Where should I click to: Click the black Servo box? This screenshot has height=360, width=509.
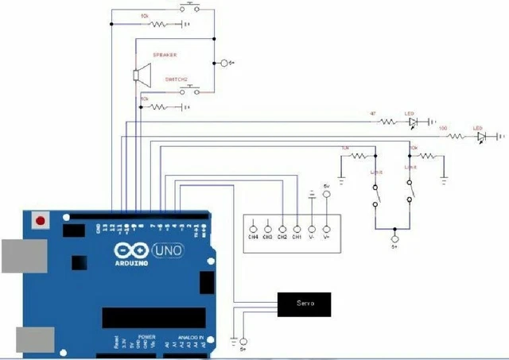(303, 304)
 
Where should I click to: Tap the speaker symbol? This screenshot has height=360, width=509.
(141, 75)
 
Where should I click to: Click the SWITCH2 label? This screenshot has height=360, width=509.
(176, 80)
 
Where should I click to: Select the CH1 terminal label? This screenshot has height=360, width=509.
(296, 237)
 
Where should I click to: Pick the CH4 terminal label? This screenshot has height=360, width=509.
(253, 237)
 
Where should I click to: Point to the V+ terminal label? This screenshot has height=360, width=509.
(325, 237)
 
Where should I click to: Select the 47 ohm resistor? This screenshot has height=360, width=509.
(387, 122)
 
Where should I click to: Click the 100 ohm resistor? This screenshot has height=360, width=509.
(456, 137)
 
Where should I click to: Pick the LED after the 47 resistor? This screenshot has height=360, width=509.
(413, 122)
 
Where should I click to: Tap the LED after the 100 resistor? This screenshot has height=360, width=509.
(481, 137)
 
